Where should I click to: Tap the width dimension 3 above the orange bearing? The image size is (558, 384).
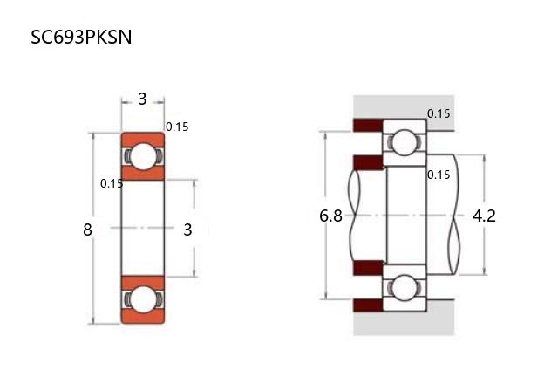[x=142, y=99]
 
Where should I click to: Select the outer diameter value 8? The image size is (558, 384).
[x=87, y=230]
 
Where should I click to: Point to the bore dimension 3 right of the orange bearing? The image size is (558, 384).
[x=187, y=230]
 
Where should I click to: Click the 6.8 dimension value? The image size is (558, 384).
[x=331, y=216]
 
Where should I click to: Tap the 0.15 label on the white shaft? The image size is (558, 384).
[x=439, y=175]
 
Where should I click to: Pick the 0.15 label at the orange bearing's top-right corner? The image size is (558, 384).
[x=177, y=127]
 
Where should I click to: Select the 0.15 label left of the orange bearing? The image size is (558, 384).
[x=112, y=183]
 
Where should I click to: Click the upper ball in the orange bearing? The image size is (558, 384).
[x=142, y=157]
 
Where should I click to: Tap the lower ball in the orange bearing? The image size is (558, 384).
[x=142, y=300]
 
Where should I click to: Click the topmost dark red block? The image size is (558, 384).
[x=367, y=125]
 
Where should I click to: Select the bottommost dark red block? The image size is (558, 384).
[x=367, y=305]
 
